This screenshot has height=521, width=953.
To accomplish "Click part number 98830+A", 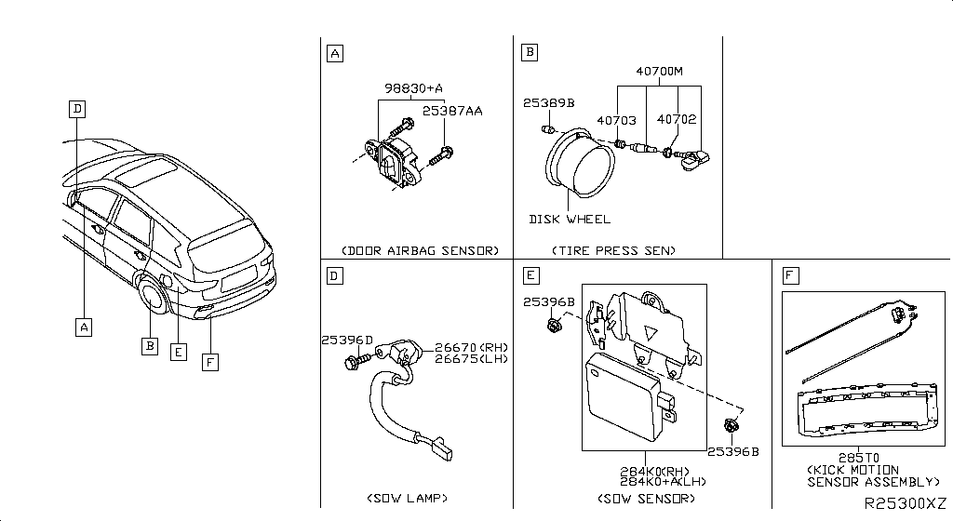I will click(414, 88).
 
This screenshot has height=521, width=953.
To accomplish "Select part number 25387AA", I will click(452, 110).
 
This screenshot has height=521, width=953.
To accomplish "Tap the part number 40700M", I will click(659, 71).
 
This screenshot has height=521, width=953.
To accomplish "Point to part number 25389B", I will click(548, 103).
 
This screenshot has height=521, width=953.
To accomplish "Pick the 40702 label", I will click(677, 120).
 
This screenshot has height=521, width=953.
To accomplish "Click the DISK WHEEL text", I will click(570, 219).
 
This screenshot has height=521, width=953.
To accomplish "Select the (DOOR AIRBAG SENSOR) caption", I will click(420, 251).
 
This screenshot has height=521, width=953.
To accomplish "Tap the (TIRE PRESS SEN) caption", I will click(613, 251).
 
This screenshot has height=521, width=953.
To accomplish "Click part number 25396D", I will click(347, 340).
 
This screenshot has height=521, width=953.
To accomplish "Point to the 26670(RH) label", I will click(470, 348).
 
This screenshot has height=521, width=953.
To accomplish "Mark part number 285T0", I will click(865, 459).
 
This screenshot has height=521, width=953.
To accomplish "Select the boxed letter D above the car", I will click(78, 109).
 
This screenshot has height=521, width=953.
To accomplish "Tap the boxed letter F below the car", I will click(210, 363).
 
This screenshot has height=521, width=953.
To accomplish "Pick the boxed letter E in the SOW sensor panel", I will click(530, 275).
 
